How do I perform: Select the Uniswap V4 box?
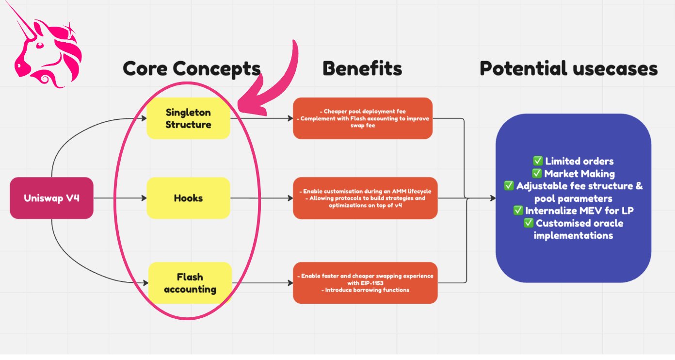51,198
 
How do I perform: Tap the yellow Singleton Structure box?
188,118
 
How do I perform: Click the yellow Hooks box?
188,198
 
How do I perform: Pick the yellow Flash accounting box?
190,283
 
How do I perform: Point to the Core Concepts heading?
192,69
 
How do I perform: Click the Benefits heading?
362,69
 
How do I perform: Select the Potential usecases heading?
568,69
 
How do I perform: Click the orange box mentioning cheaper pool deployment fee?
362,118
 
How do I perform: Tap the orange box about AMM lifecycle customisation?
365,198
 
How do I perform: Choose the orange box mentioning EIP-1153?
365,283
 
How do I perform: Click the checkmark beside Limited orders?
537,161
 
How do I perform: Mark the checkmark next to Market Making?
537,174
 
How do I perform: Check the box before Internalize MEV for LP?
518,211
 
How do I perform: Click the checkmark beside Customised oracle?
529,224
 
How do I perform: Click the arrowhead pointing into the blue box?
492,198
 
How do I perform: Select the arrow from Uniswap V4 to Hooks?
119,198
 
